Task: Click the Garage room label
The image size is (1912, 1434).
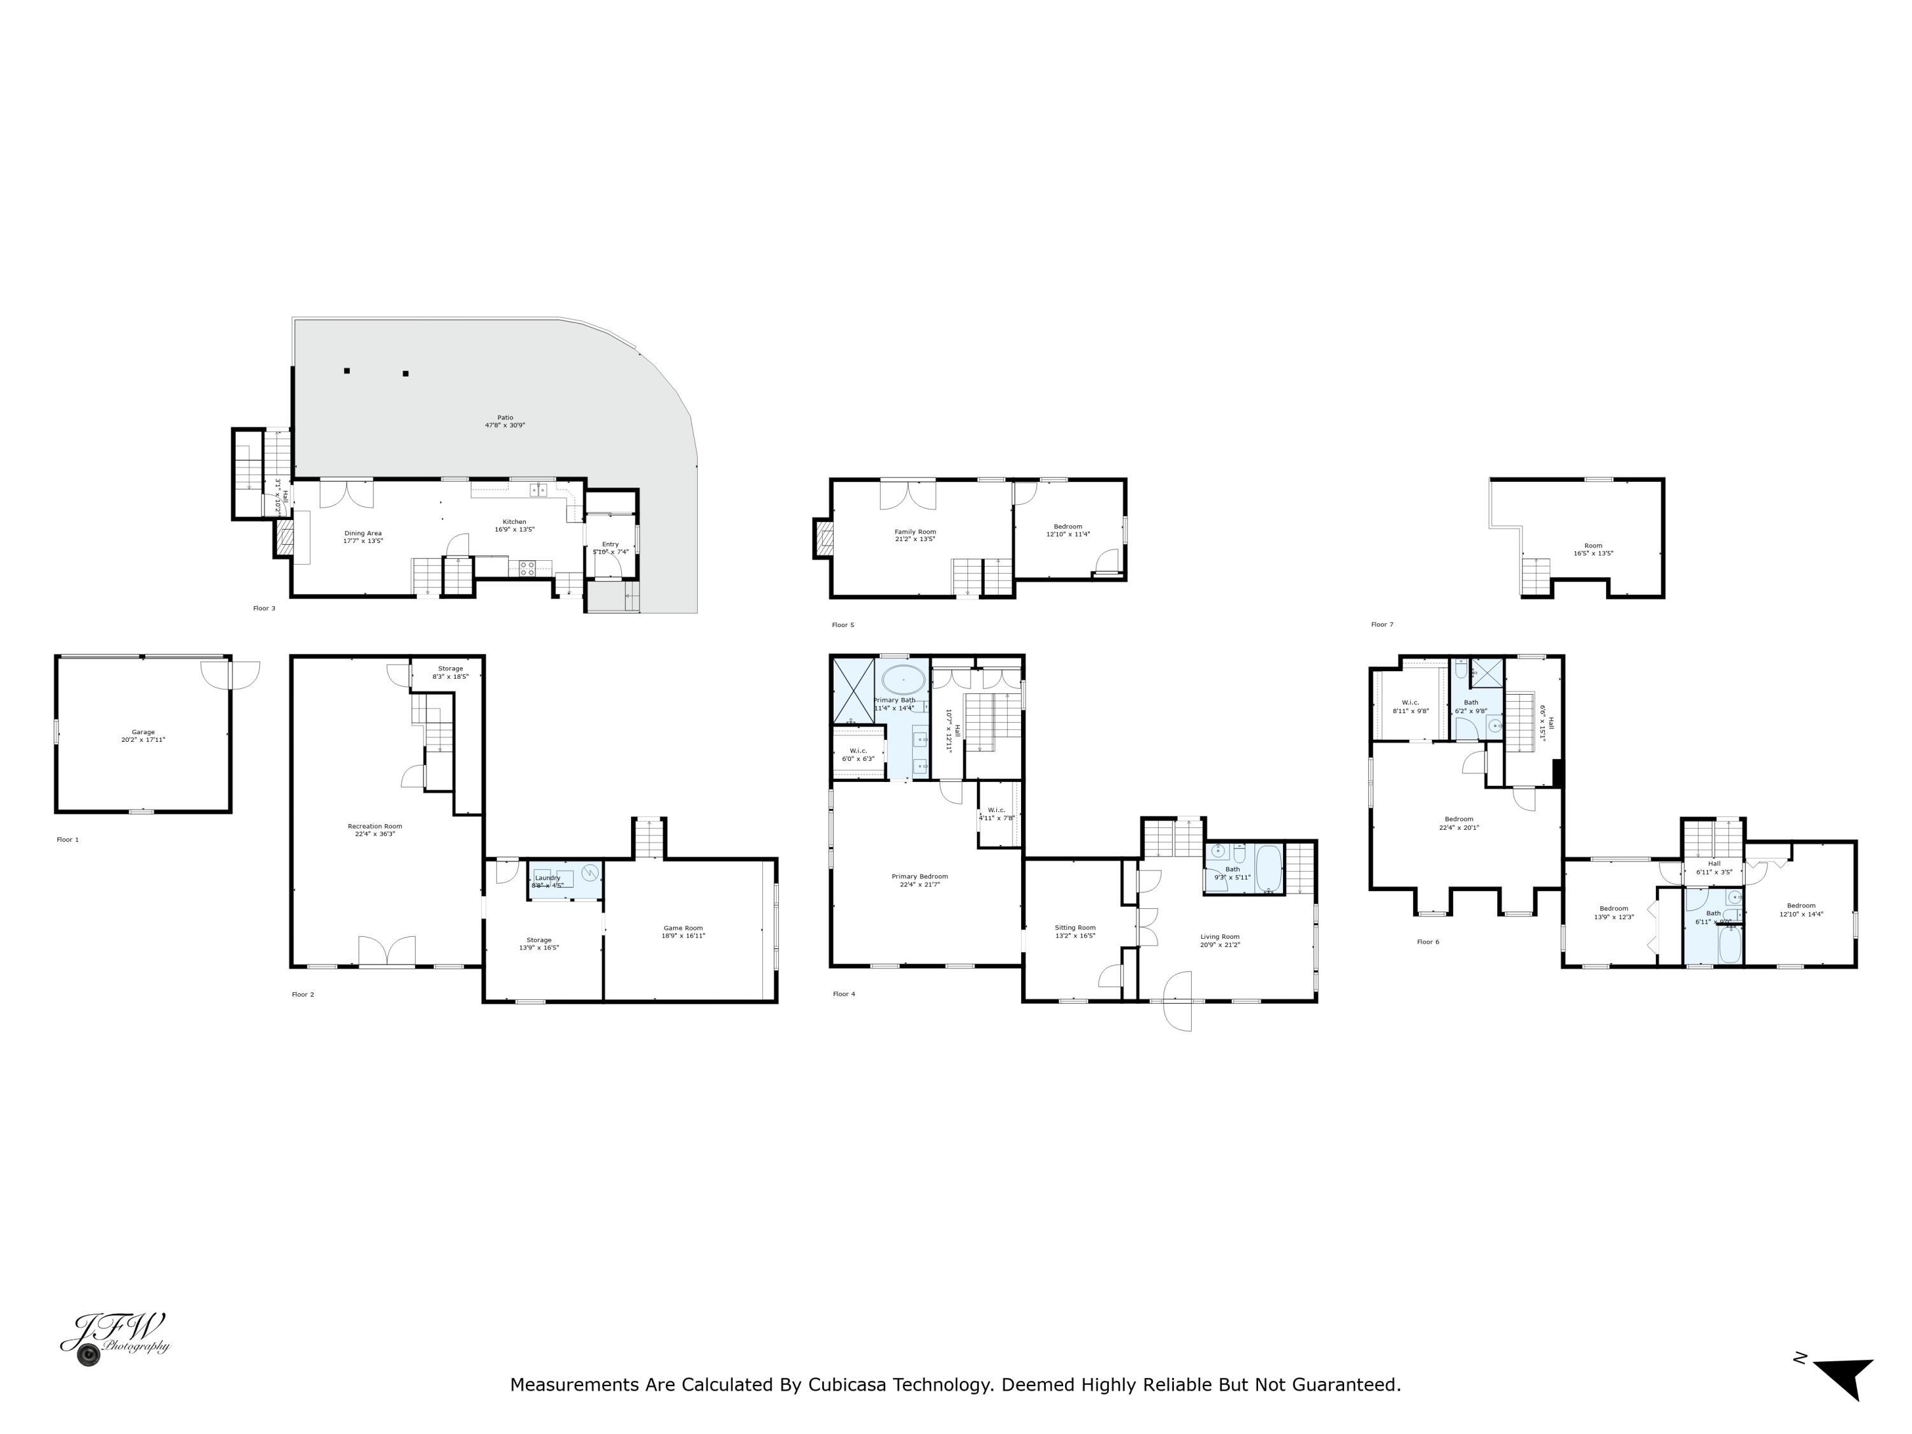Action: point(143,735)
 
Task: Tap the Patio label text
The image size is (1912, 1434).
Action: point(505,421)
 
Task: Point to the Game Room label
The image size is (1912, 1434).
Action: point(683,931)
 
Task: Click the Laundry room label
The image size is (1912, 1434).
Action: point(547,881)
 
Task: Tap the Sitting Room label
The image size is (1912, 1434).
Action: point(1075,931)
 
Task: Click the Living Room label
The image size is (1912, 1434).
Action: point(1220,939)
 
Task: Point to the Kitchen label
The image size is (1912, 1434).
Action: point(514,525)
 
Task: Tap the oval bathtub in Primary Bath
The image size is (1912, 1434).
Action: point(903,679)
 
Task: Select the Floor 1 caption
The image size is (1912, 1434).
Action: point(68,839)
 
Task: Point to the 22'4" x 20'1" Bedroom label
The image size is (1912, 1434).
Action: point(1458,822)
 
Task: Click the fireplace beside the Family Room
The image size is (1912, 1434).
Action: point(822,539)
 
